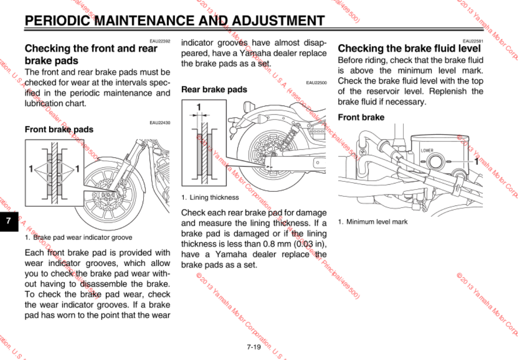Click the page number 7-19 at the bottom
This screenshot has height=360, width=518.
point(254,347)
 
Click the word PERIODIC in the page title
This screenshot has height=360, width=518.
point(58,20)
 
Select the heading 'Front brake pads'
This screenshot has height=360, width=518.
point(59,129)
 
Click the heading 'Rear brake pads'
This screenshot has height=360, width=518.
point(214,90)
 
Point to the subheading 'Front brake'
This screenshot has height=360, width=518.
point(361,117)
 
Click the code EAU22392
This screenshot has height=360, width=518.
point(160,41)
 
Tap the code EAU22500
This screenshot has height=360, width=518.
point(316,82)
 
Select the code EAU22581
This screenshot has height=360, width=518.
point(473,41)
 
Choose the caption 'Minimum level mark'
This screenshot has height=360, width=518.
point(377,222)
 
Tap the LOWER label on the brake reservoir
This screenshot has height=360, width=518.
point(427,151)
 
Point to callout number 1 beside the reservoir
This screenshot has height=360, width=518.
point(476,162)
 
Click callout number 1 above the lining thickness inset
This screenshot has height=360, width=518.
point(199,106)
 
